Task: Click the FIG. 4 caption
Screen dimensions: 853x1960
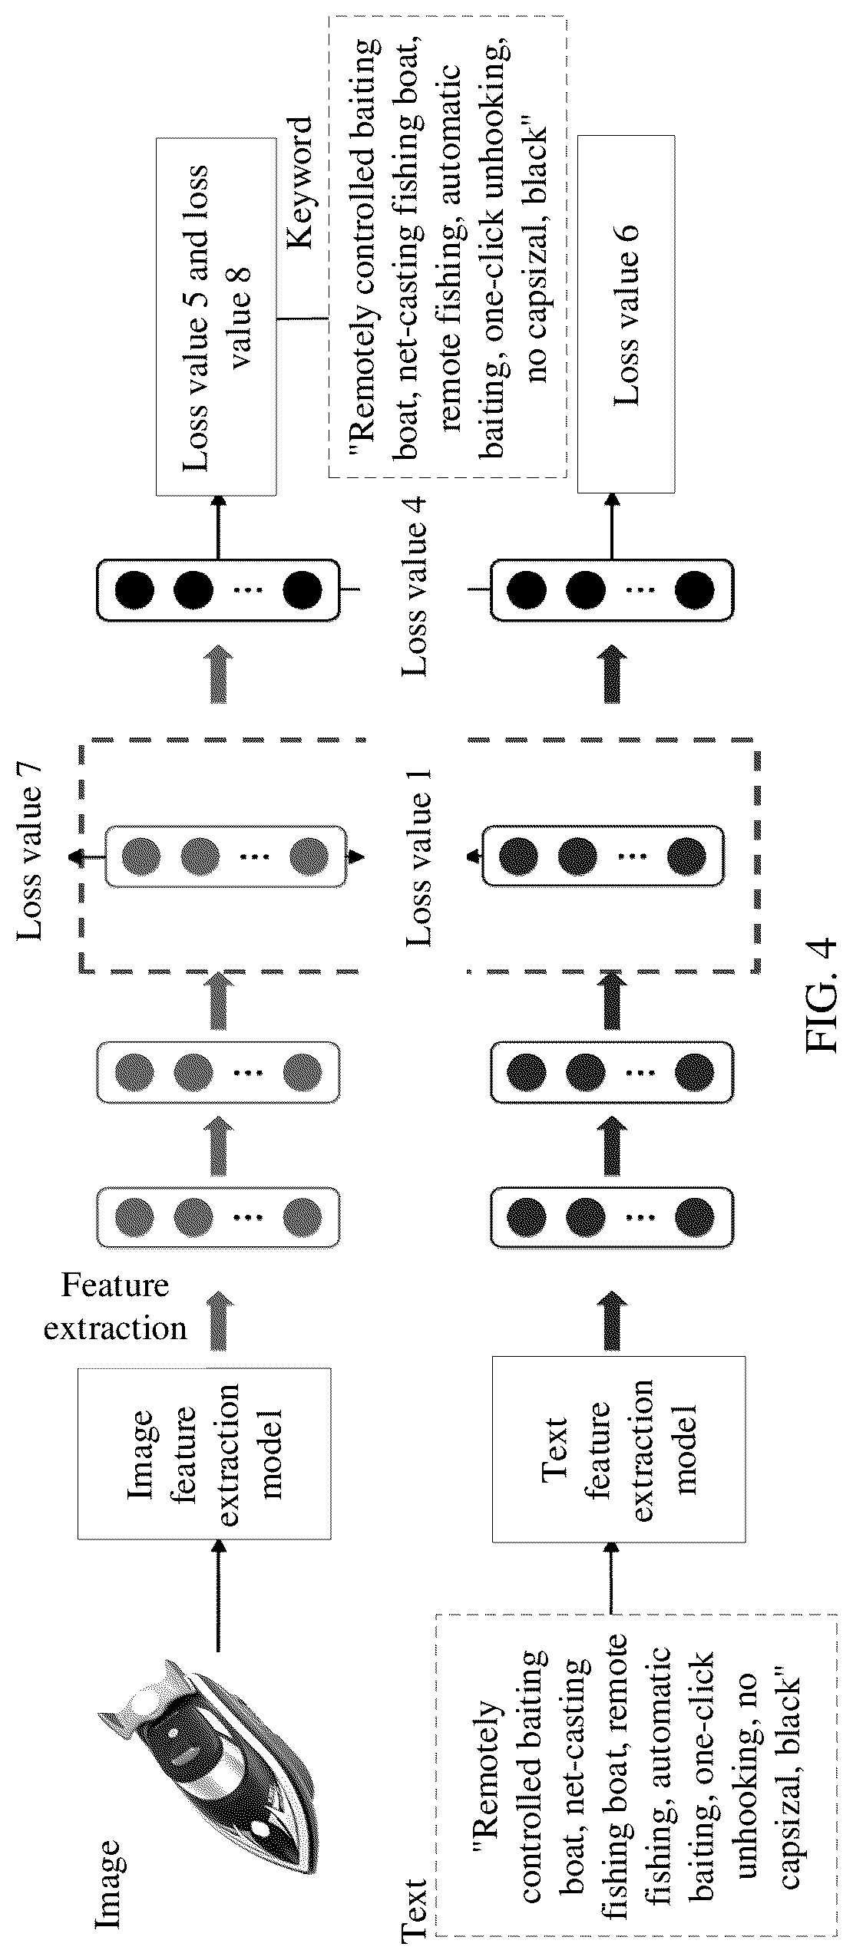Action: click(x=821, y=995)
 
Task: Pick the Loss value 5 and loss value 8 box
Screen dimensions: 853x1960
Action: click(x=216, y=316)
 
